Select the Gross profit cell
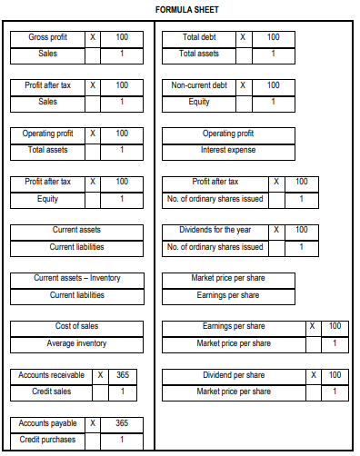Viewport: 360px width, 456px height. pyautogui.click(x=46, y=37)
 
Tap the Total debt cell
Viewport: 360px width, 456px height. pyautogui.click(x=200, y=37)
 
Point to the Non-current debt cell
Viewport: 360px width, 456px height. pyautogui.click(x=200, y=85)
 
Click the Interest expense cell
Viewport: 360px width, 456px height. pyautogui.click(x=229, y=150)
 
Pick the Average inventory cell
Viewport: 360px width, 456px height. pyautogui.click(x=77, y=343)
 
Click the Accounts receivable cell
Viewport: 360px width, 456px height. pyautogui.click(x=51, y=375)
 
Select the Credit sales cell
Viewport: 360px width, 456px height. pyautogui.click(x=51, y=392)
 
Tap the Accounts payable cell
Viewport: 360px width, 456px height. pyautogui.click(x=47, y=423)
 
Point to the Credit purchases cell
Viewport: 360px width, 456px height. pyautogui.click(x=47, y=440)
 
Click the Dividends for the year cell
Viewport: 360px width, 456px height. pyautogui.click(x=215, y=231)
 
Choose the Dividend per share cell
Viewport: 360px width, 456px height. pyautogui.click(x=234, y=375)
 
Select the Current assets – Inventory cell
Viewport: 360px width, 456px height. pyautogui.click(x=77, y=279)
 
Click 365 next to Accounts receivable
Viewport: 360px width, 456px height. pyautogui.click(x=123, y=375)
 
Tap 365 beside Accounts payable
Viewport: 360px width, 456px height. pyautogui.click(x=123, y=423)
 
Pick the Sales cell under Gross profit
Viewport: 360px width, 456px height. pyautogui.click(x=46, y=54)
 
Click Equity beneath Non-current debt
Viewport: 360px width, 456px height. pyautogui.click(x=200, y=102)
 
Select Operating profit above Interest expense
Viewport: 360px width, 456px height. pyautogui.click(x=229, y=134)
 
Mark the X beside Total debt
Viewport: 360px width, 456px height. pyautogui.click(x=242, y=37)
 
